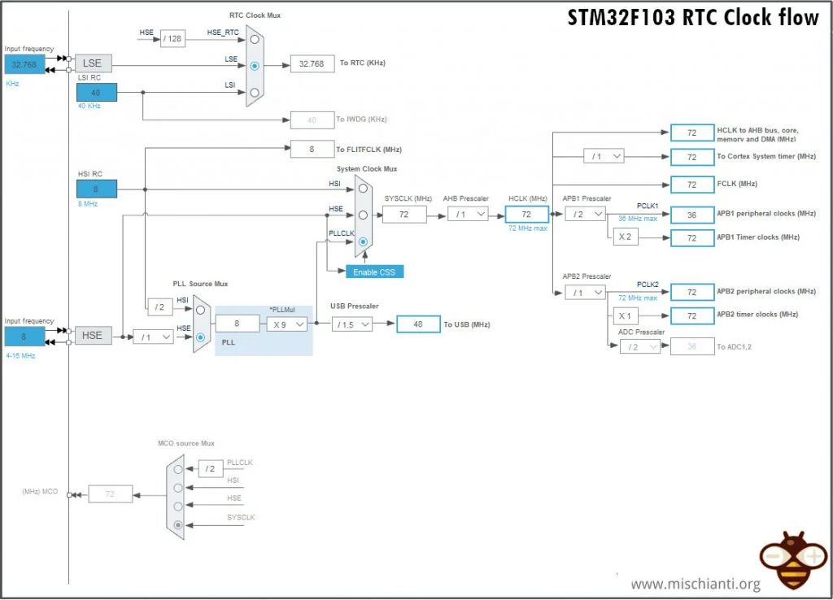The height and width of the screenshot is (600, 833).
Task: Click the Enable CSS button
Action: point(375,272)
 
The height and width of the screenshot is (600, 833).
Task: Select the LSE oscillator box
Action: point(94,64)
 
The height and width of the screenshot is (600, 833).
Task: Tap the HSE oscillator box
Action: point(94,335)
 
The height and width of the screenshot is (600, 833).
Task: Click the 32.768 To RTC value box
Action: point(312,64)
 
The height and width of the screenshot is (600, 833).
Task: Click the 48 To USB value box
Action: point(418,324)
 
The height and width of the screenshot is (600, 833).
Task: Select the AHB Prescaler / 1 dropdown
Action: point(468,214)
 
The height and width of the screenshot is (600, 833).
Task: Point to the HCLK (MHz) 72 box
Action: point(526,214)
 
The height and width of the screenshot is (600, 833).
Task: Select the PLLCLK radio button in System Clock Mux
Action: point(363,241)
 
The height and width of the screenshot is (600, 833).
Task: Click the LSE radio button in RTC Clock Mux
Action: point(255,65)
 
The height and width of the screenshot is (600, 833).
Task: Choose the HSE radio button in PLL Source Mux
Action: point(200,336)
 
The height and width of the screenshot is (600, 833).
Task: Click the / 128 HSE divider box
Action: point(173,38)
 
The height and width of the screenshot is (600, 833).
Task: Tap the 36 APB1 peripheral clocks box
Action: point(691,215)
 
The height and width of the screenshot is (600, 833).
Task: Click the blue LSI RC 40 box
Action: point(96,93)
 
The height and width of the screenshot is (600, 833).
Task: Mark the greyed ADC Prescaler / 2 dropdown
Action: point(639,346)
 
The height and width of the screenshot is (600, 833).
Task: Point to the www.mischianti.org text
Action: point(695,585)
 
